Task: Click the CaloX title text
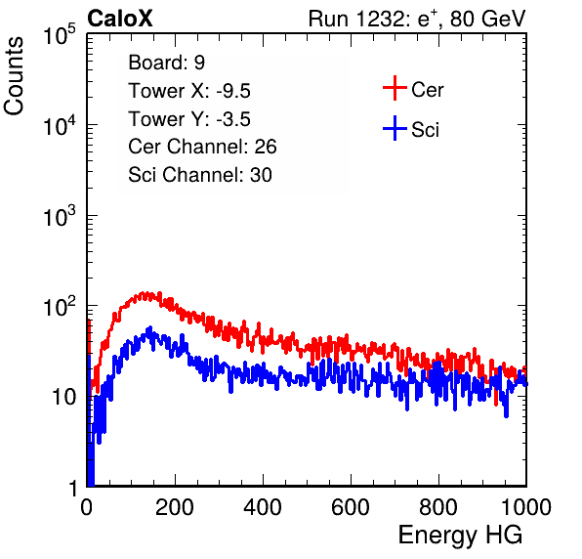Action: (x=120, y=19)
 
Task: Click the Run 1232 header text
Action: (x=417, y=19)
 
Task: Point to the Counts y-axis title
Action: (x=14, y=76)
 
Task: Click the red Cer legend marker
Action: (x=395, y=88)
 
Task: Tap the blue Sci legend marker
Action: (x=395, y=128)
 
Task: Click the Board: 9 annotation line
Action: (x=166, y=63)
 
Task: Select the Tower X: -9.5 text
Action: (x=189, y=91)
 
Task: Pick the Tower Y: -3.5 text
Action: (x=189, y=119)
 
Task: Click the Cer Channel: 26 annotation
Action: (x=202, y=147)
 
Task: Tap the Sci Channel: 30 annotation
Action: (x=200, y=175)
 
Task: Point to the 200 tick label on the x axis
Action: (x=175, y=507)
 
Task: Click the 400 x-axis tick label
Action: (x=263, y=507)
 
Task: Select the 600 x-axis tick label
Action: (x=351, y=507)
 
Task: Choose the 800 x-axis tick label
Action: (x=438, y=507)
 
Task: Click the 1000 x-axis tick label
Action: (x=526, y=507)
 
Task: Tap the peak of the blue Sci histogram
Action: (x=150, y=327)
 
